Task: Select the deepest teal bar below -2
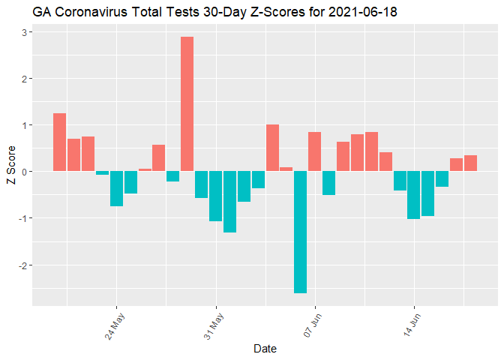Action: (300, 232)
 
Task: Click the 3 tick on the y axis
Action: (24, 32)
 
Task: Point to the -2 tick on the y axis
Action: (22, 265)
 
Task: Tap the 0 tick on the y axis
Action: (24, 172)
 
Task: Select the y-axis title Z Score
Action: (10, 169)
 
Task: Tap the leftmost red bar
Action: (59, 142)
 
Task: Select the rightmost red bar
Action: (470, 163)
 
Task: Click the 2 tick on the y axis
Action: (24, 79)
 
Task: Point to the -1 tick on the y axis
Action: (22, 218)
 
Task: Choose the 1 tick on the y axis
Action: (24, 125)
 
